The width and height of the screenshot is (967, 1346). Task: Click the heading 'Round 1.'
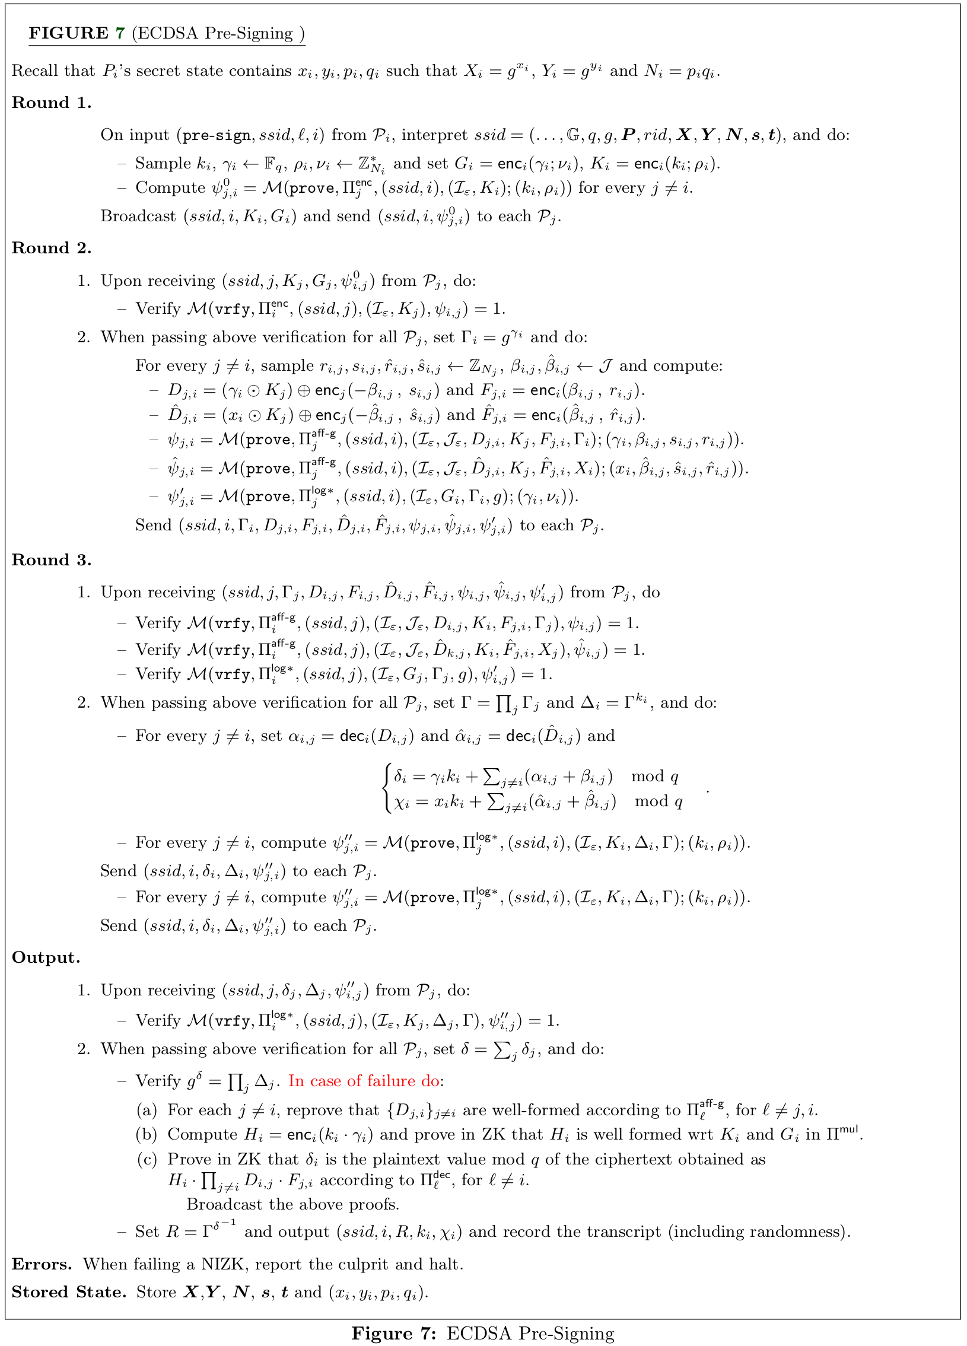click(52, 103)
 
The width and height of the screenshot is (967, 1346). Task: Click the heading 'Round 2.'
click(52, 248)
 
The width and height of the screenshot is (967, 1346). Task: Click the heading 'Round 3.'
click(52, 560)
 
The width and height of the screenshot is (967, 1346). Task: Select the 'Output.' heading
click(46, 958)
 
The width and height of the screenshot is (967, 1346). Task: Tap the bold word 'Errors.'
click(42, 1264)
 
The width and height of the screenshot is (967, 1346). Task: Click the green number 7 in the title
click(120, 33)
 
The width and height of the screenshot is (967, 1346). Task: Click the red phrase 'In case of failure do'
click(364, 1081)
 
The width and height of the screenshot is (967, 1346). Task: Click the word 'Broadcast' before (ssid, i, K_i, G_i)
click(138, 216)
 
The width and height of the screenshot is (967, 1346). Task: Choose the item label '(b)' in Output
click(147, 1134)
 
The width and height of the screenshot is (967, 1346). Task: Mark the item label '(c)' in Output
click(147, 1159)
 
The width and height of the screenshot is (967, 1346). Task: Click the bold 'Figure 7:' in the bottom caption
click(393, 1334)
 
